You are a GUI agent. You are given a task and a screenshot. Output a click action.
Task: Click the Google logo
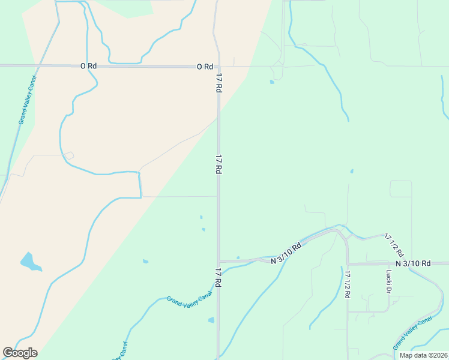[20, 353]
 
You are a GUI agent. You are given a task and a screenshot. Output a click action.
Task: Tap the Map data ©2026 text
[423, 355]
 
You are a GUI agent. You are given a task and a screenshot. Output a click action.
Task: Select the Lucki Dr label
[388, 282]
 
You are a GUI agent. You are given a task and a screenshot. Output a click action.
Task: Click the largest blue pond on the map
[29, 262]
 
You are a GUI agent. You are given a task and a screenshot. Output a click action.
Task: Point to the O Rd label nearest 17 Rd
[205, 67]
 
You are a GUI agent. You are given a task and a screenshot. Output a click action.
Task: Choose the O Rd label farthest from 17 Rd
[88, 67]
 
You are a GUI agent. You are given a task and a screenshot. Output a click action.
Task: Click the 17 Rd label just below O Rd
[219, 83]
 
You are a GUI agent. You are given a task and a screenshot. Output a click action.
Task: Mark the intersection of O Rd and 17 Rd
[218, 67]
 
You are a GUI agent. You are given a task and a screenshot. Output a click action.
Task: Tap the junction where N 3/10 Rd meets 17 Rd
[218, 262]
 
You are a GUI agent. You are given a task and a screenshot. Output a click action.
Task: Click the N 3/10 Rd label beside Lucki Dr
[413, 263]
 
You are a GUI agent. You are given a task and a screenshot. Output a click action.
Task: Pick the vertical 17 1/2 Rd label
[348, 284]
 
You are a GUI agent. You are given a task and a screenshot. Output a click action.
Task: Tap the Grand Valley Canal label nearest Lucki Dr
[412, 334]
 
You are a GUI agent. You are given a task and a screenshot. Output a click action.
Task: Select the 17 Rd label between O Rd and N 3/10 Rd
[218, 164]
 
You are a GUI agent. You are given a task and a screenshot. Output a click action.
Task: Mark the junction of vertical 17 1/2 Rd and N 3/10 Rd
[348, 263]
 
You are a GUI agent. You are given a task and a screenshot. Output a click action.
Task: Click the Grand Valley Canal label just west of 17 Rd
[190, 308]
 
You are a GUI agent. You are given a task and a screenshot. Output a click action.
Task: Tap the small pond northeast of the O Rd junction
[272, 82]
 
